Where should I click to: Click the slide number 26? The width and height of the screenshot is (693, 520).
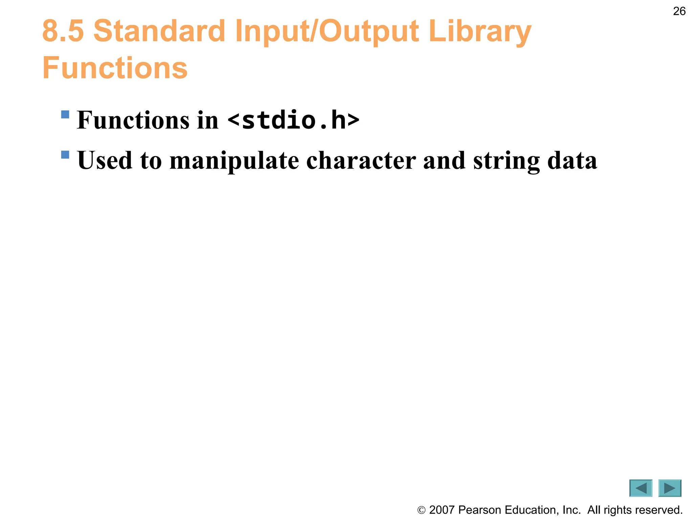pos(679,11)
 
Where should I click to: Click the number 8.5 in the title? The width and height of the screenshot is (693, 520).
pos(63,31)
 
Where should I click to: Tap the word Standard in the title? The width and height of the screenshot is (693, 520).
pos(159,31)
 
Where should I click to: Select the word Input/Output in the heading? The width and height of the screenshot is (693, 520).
pos(327,32)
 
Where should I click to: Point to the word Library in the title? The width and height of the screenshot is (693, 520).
pos(480,32)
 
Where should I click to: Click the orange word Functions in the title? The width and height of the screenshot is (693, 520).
pos(115,68)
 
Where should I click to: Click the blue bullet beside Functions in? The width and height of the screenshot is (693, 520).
pos(65,114)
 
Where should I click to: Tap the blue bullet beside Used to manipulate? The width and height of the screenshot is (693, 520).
pos(65,155)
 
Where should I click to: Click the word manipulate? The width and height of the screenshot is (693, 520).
pos(234,160)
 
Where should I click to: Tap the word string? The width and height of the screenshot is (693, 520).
pos(506,160)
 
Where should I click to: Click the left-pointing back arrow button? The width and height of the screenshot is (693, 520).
pos(641,488)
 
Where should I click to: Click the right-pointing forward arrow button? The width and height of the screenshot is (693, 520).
pos(670,488)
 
